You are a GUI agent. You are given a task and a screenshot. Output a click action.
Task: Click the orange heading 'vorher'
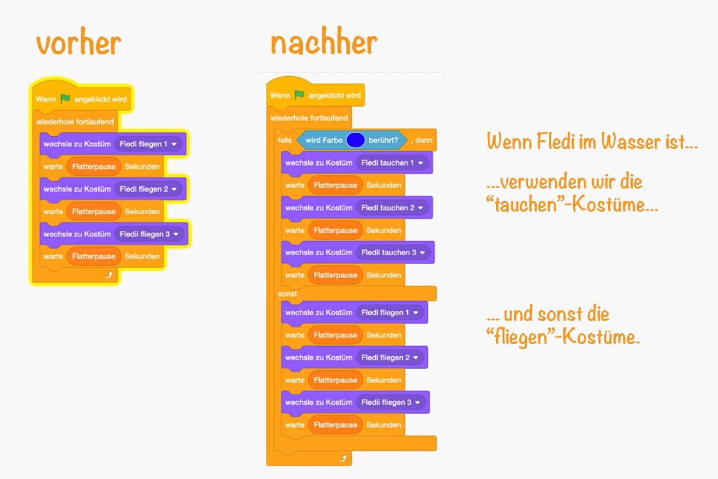pyautogui.click(x=78, y=43)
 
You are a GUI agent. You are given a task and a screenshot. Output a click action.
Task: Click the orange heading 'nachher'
pyautogui.click(x=324, y=42)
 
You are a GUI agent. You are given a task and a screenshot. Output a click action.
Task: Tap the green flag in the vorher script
pyautogui.click(x=65, y=99)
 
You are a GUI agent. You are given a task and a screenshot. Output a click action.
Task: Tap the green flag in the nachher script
pyautogui.click(x=299, y=95)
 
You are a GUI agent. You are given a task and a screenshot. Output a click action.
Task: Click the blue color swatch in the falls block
pyautogui.click(x=355, y=139)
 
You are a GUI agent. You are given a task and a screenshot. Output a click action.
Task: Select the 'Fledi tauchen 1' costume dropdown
pyautogui.click(x=391, y=162)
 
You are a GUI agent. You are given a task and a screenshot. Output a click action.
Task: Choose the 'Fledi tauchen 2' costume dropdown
pyautogui.click(x=391, y=208)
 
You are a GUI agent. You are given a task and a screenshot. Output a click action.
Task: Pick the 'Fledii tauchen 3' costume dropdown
pyautogui.click(x=393, y=253)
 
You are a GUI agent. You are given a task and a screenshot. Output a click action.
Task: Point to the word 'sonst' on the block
pyautogui.click(x=287, y=294)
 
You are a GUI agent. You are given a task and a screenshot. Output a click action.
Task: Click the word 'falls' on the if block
pyautogui.click(x=285, y=140)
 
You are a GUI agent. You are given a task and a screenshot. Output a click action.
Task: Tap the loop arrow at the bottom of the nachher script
pyautogui.click(x=343, y=459)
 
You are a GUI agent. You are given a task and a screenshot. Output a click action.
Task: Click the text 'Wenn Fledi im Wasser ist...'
pyautogui.click(x=591, y=142)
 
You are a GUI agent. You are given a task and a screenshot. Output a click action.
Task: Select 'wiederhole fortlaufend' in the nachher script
pyautogui.click(x=309, y=118)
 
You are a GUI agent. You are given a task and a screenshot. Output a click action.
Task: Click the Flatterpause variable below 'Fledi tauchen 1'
pyautogui.click(x=335, y=185)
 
